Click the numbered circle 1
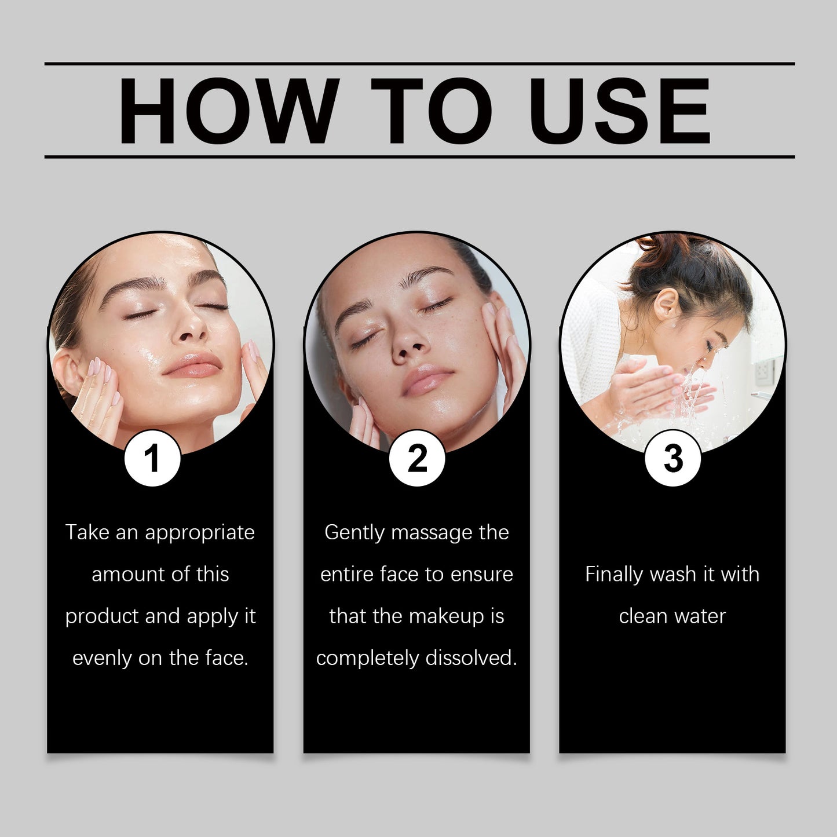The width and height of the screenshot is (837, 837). coord(152,458)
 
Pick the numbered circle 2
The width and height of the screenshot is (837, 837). coord(417,458)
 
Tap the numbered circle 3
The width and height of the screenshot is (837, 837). coord(673,458)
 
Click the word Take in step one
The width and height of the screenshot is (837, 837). coord(87,532)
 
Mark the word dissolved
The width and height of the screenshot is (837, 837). coord(472,658)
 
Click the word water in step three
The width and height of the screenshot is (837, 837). coord(699,617)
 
